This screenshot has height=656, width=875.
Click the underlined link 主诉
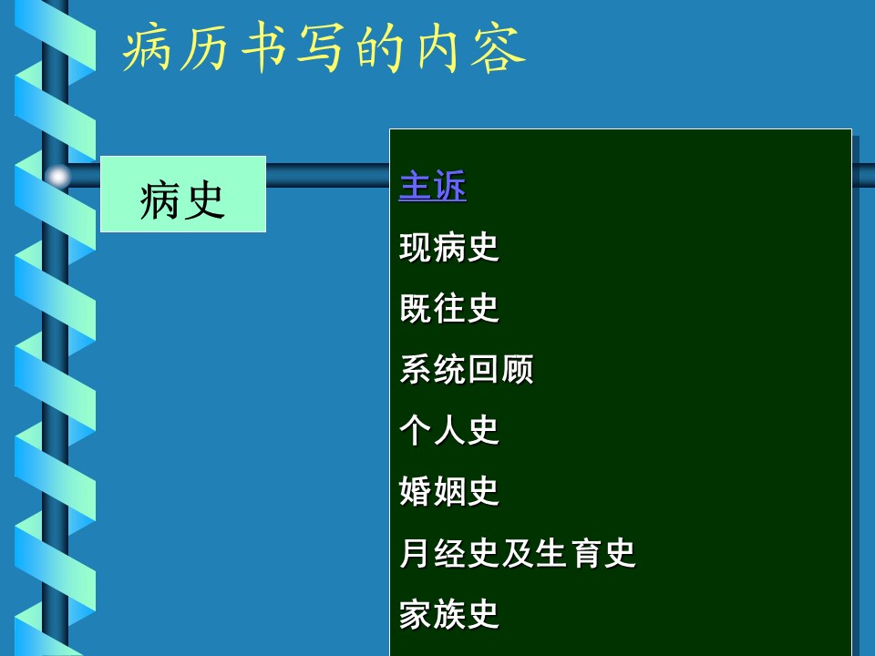click(x=432, y=186)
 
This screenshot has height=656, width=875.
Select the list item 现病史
click(x=449, y=247)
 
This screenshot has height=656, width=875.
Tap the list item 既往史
click(x=449, y=308)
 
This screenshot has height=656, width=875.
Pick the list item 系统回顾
click(x=467, y=369)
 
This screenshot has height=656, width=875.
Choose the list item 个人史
click(x=449, y=430)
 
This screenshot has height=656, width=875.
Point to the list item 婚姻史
click(x=449, y=491)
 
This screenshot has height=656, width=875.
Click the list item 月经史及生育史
click(x=518, y=553)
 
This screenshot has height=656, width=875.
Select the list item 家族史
click(x=449, y=613)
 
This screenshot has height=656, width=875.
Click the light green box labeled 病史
click(x=183, y=194)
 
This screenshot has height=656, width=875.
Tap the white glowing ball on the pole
click(x=58, y=177)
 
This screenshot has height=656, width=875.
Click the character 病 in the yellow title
click(x=147, y=47)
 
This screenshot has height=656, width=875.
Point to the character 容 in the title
click(x=498, y=48)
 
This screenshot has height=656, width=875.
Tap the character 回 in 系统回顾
click(x=483, y=369)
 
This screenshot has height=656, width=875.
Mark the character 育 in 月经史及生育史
click(x=585, y=553)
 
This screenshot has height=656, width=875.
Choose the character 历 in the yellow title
click(x=205, y=48)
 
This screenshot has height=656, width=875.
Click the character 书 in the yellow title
click(x=262, y=48)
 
